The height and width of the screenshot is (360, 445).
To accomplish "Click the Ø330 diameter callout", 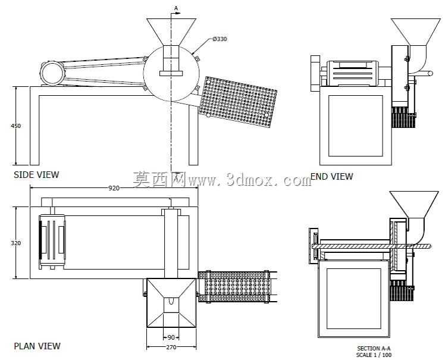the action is pos(220,39).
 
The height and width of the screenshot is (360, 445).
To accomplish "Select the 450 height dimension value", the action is pos(16,126).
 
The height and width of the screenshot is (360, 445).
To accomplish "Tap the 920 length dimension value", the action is pos(114,188).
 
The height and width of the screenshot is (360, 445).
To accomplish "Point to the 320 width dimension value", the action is pos(16,243).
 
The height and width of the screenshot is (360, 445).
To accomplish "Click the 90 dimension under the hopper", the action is pos(171,337).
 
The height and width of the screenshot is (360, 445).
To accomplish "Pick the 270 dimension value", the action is pos(171,347).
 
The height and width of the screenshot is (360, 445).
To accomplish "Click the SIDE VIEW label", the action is pos(36,174).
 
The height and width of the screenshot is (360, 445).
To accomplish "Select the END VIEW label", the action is pos(332,176).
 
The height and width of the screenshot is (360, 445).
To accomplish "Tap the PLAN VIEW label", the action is pos(37,346).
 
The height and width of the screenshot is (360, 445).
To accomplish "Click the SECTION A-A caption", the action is pos(374,348).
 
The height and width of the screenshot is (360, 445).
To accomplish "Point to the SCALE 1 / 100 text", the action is pos(374,355).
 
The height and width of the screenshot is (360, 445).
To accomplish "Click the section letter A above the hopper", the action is pos(176,8).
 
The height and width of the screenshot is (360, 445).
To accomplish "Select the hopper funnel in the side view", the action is pos(171,32).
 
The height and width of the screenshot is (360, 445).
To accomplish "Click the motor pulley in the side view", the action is pos(52,73).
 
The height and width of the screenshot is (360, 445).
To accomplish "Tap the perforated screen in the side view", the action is pos(237,102).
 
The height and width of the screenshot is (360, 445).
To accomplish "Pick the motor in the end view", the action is pos(352,73).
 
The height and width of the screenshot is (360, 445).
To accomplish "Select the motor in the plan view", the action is pos(52,240).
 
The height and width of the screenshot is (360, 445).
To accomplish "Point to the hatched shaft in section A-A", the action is pos(372,246).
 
